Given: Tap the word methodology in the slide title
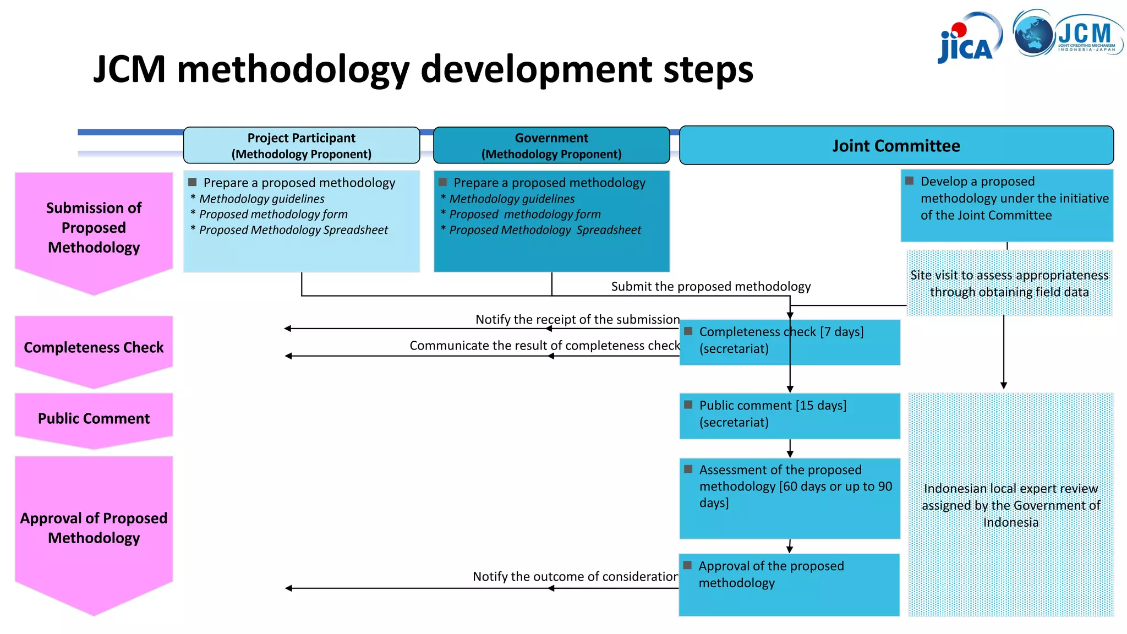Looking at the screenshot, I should [x=293, y=70].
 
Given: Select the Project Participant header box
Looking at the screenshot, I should [x=301, y=145].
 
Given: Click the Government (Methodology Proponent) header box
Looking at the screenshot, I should [x=551, y=145].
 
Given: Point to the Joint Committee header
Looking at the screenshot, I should [x=896, y=145].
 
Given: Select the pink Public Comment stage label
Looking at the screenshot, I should [x=94, y=418].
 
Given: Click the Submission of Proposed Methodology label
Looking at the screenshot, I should [x=94, y=227].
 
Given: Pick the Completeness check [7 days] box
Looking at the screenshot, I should [x=789, y=341].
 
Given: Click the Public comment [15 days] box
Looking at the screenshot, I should [x=789, y=415].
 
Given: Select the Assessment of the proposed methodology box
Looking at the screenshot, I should [x=789, y=495].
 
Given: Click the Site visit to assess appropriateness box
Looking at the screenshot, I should [x=1009, y=283].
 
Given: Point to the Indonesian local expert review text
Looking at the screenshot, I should [x=1010, y=505].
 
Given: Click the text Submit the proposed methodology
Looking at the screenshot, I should [x=710, y=286].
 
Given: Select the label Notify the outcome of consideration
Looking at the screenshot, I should [x=575, y=576].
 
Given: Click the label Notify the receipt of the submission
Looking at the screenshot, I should [x=577, y=319].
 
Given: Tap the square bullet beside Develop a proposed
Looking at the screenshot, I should [x=910, y=181].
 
